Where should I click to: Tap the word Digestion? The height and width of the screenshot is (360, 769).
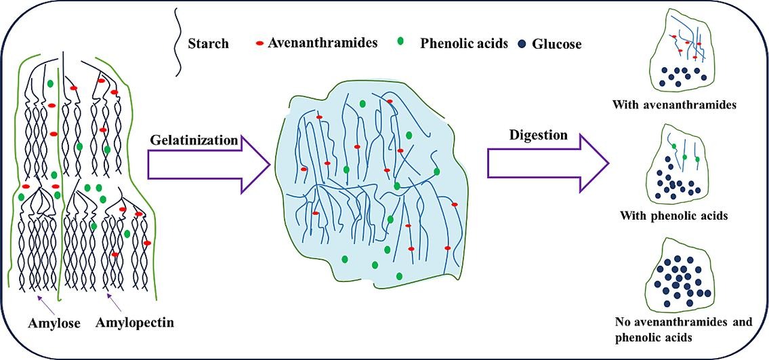(538, 135)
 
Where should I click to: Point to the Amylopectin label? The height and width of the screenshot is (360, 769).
(136, 323)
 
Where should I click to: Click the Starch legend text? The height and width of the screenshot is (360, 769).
(207, 44)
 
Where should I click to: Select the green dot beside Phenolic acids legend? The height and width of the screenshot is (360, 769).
(400, 42)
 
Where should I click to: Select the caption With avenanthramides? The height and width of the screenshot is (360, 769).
(674, 105)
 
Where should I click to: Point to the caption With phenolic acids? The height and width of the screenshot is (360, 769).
(674, 216)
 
